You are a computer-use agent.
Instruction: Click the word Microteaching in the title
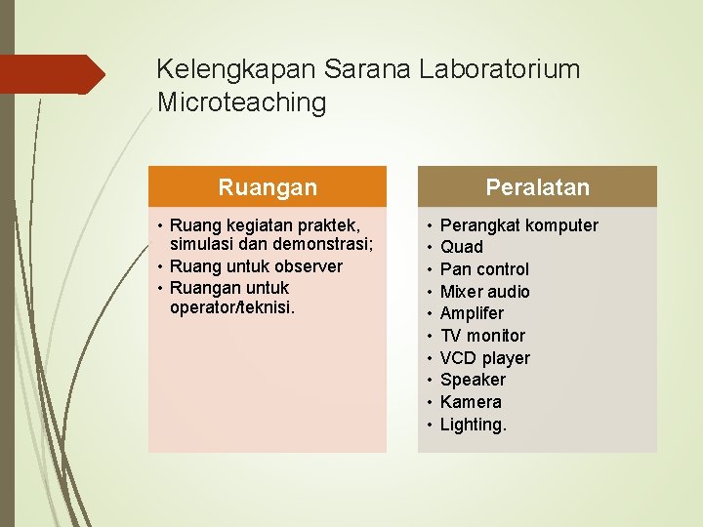coord(241,102)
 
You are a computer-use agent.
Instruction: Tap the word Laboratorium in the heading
coord(499,69)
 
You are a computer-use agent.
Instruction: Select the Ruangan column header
coord(267,186)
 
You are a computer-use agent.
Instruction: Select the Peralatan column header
coord(537,186)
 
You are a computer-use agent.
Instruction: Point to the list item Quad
coord(462,247)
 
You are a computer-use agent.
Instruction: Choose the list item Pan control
coord(484,269)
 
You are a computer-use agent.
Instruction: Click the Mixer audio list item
coord(484,292)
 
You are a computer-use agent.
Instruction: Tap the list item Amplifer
coord(472,313)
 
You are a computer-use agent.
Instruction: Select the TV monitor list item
coord(482,336)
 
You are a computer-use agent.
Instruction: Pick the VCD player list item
coord(484,358)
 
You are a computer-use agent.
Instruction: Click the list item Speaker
coord(473,380)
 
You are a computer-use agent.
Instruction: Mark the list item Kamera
coord(471,402)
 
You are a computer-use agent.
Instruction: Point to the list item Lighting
coord(474,425)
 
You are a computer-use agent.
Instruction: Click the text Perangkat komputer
coord(519,225)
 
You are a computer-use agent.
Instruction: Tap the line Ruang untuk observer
coord(256,266)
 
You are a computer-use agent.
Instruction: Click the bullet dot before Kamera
coord(430,402)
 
